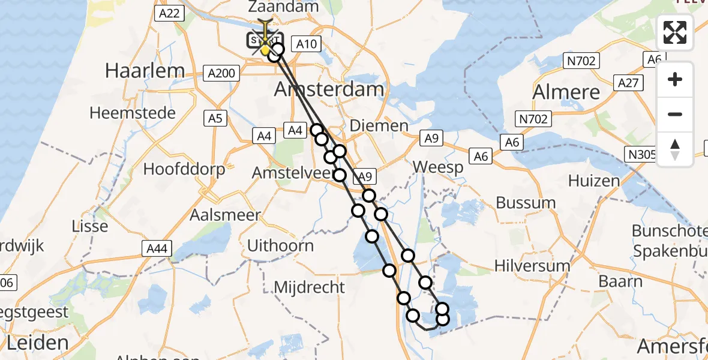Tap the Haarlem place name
click(x=145, y=71)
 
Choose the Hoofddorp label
click(x=184, y=169)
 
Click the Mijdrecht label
click(x=310, y=287)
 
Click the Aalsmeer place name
click(x=225, y=215)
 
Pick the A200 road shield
click(x=222, y=73)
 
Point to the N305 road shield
click(x=641, y=154)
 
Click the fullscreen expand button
click(x=675, y=32)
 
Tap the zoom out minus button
click(x=675, y=115)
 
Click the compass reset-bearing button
click(x=675, y=149)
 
